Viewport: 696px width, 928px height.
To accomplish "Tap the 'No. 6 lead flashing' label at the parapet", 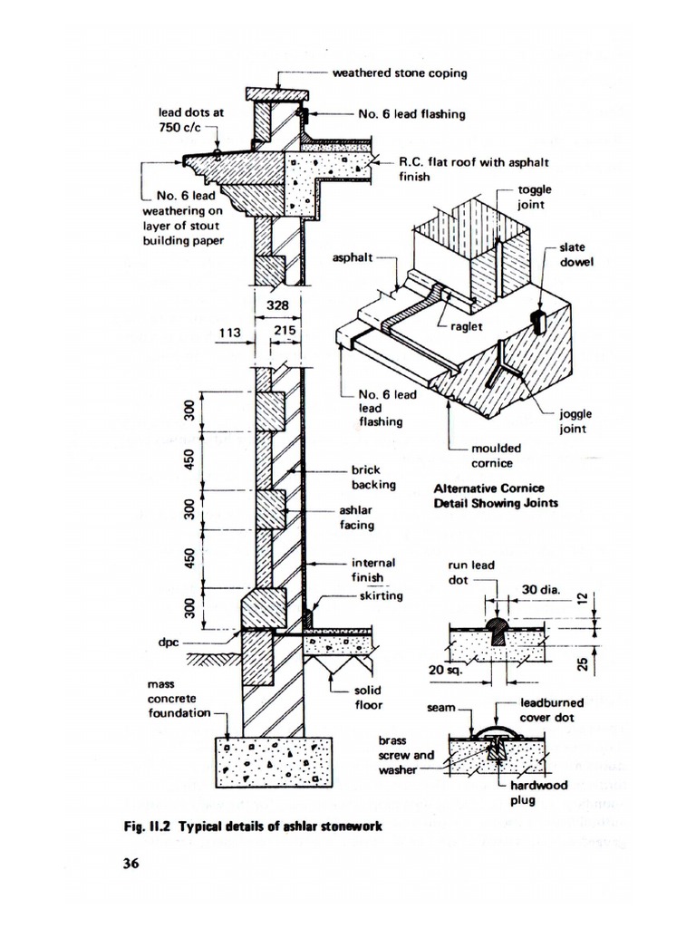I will [411, 114].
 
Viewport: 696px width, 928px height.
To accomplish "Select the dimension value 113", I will [227, 332].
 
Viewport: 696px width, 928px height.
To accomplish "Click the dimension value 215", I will [286, 332].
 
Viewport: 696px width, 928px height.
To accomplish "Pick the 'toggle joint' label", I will [534, 198].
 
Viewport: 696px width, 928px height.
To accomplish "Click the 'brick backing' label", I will [373, 478].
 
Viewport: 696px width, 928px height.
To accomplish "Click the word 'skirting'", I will [381, 596].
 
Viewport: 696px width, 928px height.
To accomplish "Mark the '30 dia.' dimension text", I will [541, 590].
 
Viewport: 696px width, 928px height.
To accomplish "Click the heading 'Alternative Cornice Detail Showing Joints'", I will [494, 495].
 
